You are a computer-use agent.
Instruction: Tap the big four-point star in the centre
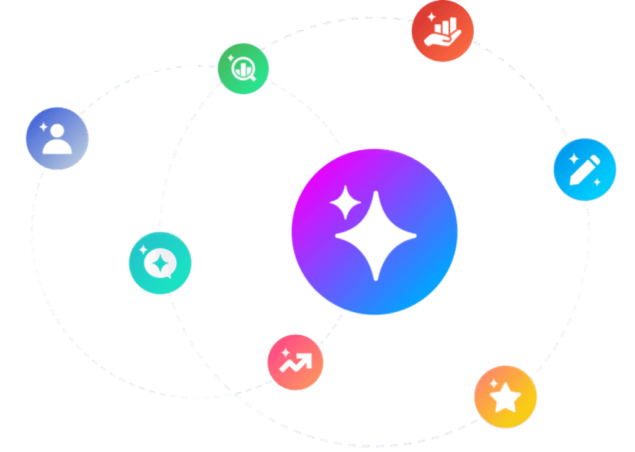click(376, 236)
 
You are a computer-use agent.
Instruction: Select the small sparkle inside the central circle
click(345, 202)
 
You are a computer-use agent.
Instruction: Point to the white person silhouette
click(58, 141)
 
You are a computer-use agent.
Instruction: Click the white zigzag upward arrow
click(296, 363)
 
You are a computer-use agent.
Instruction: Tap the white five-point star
click(505, 398)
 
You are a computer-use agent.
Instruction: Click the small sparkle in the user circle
click(43, 126)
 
